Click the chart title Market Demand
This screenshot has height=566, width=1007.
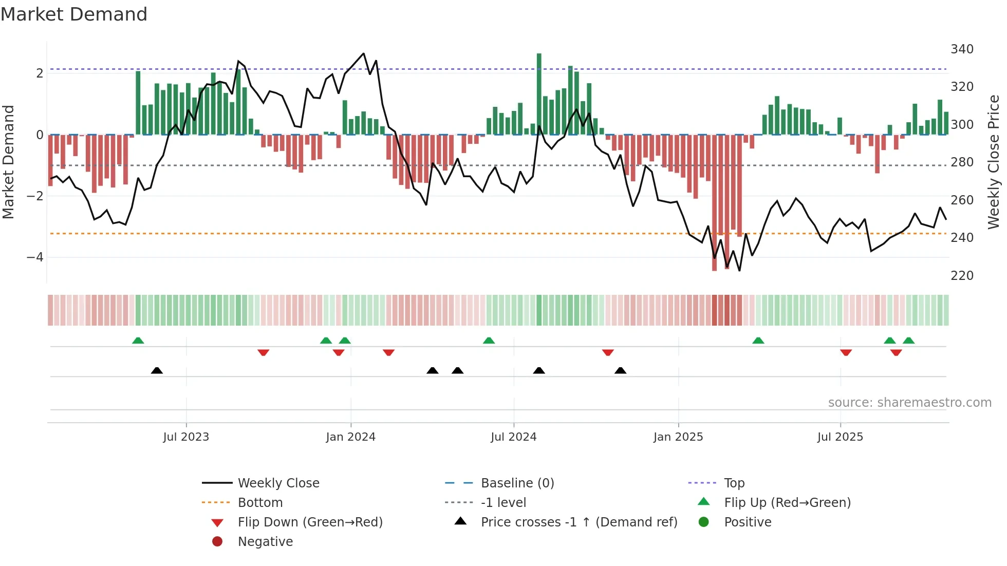[x=74, y=14]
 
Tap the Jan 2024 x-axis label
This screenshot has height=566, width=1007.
[x=350, y=437]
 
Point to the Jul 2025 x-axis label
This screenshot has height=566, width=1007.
[x=840, y=437]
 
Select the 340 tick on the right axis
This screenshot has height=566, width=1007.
[x=962, y=49]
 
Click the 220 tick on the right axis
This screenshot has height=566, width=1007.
[x=962, y=276]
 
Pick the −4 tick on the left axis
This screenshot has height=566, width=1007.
[x=35, y=257]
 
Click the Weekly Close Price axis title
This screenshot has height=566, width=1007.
[x=994, y=162]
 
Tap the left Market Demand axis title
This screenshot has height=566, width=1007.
[x=8, y=162]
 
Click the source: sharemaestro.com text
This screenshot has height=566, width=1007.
[x=909, y=403]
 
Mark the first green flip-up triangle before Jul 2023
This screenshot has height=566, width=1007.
[x=138, y=341]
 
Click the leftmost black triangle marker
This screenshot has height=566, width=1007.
[x=157, y=371]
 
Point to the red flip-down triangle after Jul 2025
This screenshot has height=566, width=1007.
[x=846, y=352]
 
